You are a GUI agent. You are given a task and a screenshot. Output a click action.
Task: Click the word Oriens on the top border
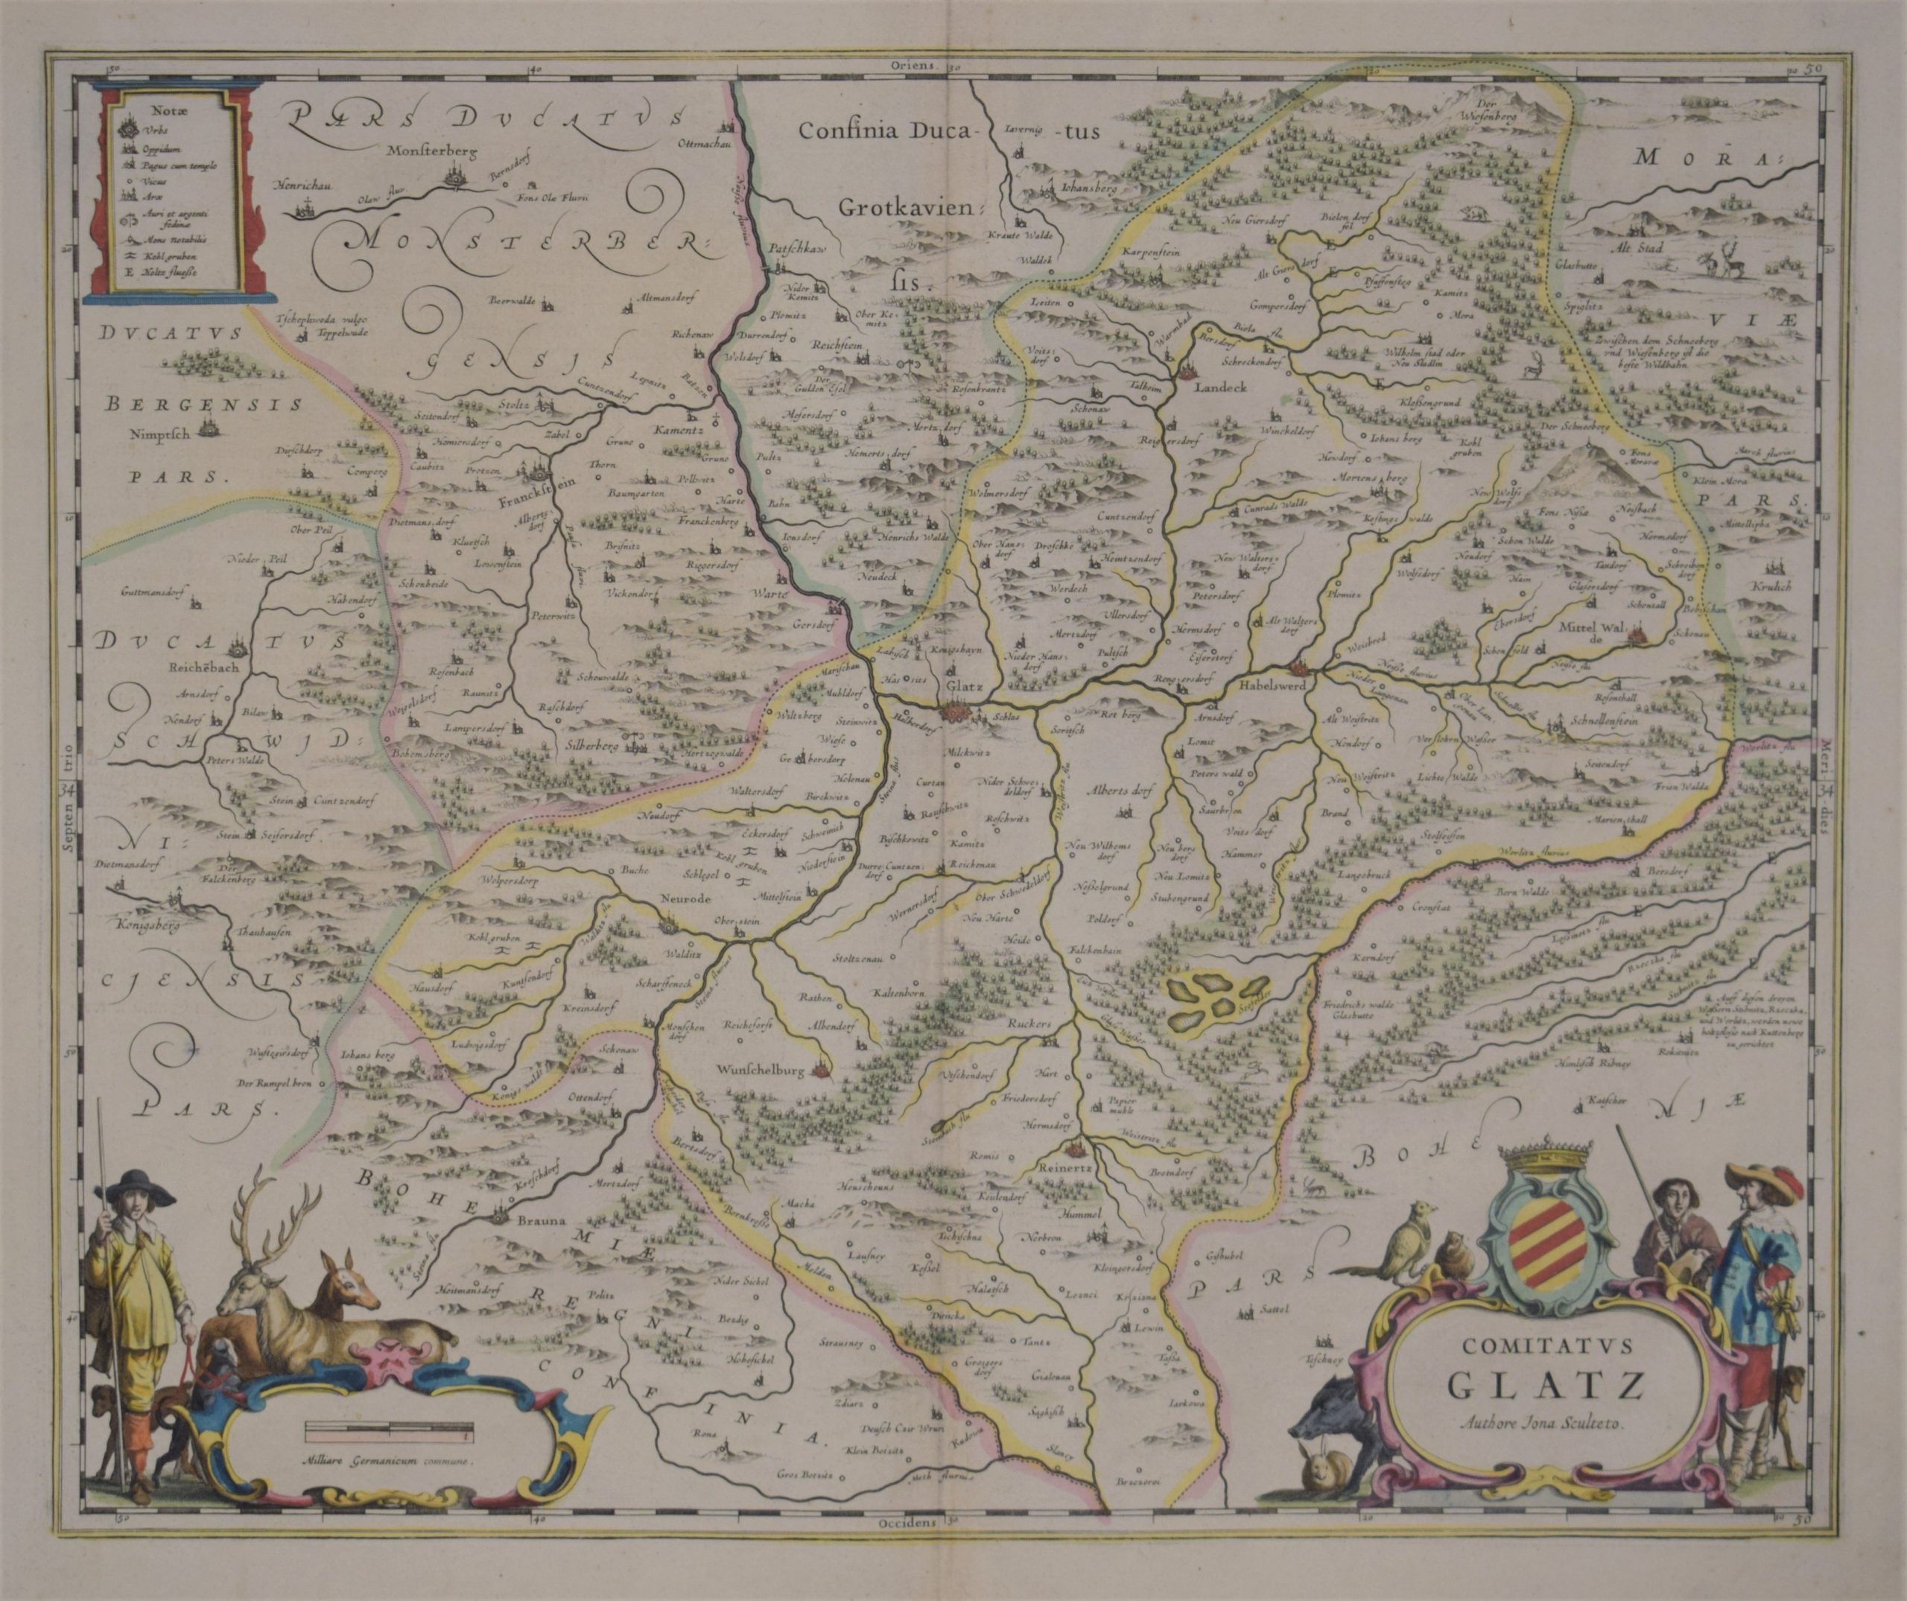[913, 66]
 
